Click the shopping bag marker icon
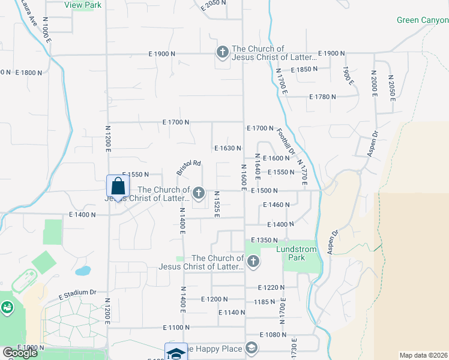pos(118,186)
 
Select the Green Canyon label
pos(423,20)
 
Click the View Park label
pos(83,5)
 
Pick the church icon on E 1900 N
pos(221,52)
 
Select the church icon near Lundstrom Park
pos(253,262)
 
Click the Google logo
pos(20,353)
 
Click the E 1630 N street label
pos(228,148)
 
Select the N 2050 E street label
pos(391,88)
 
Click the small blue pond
pos(83,271)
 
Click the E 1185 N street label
pos(264,302)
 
